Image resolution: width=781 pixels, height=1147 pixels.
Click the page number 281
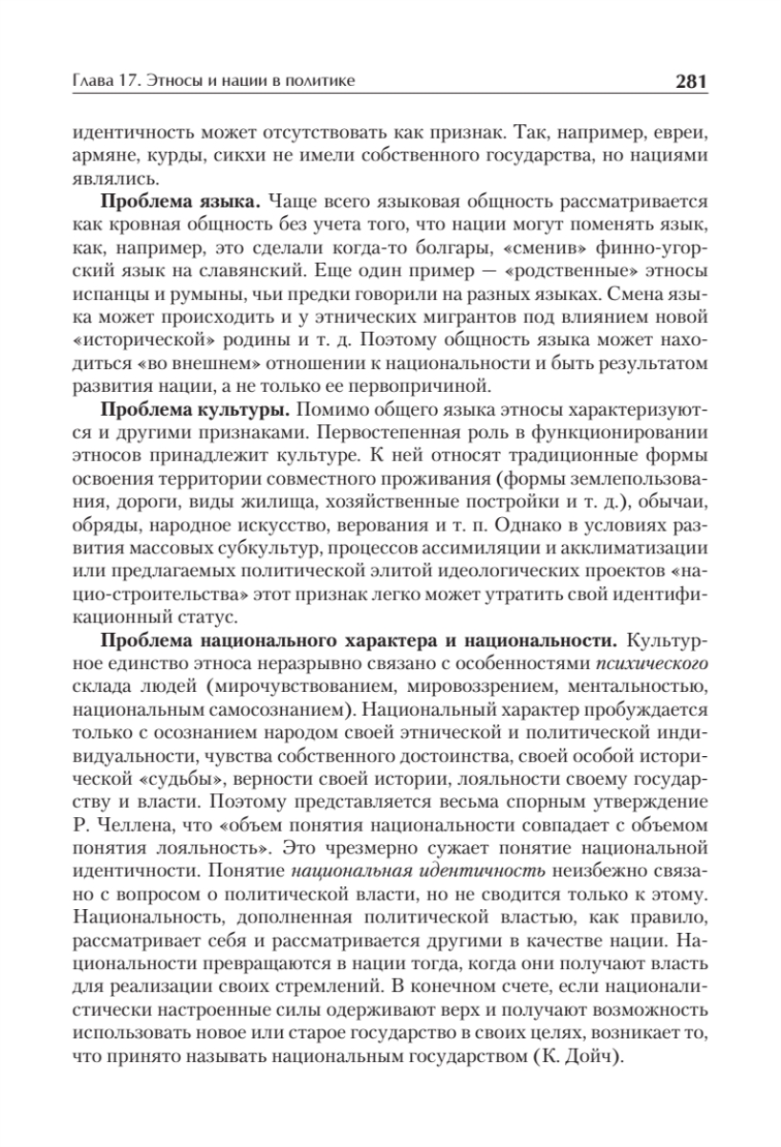click(690, 83)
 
